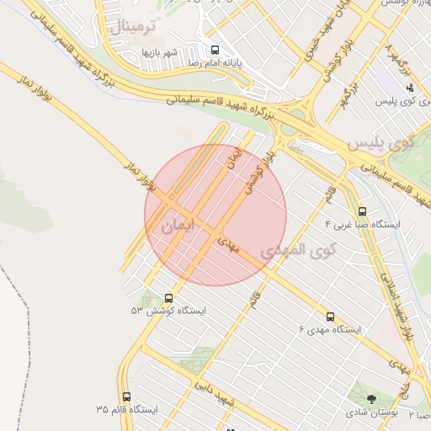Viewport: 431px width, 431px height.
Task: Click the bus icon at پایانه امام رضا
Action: pyautogui.click(x=215, y=50)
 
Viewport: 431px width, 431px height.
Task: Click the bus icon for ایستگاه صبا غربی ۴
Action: pyautogui.click(x=363, y=212)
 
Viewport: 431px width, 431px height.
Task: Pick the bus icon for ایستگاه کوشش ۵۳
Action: pyautogui.click(x=169, y=297)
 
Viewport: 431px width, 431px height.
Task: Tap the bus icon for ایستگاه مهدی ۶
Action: pyautogui.click(x=330, y=317)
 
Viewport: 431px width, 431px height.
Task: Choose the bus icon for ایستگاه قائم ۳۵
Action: pyautogui.click(x=127, y=396)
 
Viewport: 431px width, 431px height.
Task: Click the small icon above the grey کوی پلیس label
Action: pyautogui.click(x=410, y=88)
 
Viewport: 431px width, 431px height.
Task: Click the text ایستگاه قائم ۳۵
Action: pyautogui.click(x=126, y=410)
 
